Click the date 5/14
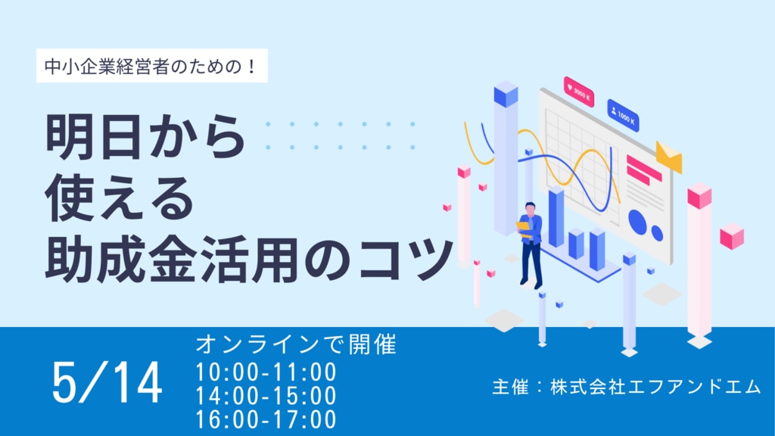tap(107, 382)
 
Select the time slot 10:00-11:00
tap(266, 372)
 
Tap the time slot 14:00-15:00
tap(266, 396)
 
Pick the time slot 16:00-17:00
tap(266, 419)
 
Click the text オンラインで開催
tap(296, 344)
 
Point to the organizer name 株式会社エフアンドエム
tap(655, 387)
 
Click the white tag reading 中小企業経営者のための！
tap(151, 66)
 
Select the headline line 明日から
tap(145, 136)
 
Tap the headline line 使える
tap(120, 198)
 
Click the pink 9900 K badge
tap(579, 92)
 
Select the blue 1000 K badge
tap(624, 116)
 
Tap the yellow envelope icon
tap(669, 157)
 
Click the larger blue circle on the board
tap(637, 222)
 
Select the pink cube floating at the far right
tap(732, 236)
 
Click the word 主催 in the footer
tap(511, 387)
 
